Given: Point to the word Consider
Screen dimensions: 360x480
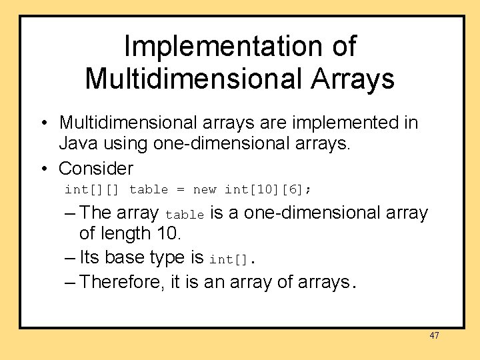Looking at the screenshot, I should [96, 167].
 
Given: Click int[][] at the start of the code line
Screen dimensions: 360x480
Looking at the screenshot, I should [92, 190].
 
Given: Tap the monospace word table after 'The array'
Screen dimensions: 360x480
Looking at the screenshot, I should [185, 215].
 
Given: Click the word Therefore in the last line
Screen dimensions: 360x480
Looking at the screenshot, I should [123, 281].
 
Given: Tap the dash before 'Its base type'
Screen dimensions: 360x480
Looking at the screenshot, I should [71, 257].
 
